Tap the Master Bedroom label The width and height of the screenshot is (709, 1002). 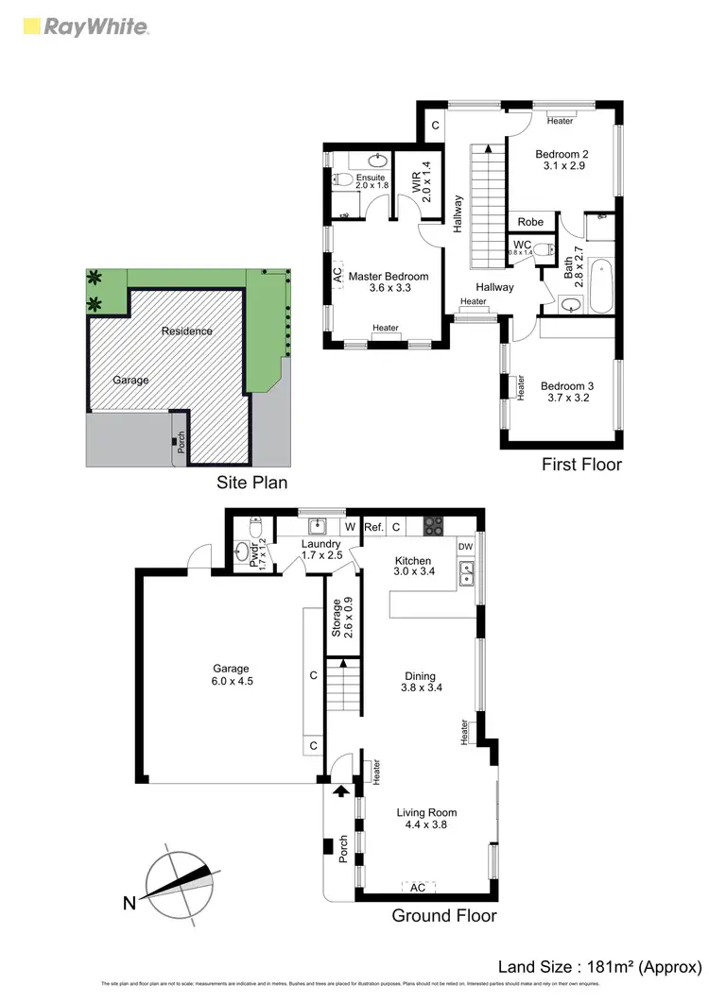pyautogui.click(x=388, y=277)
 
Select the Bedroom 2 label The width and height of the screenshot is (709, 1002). pyautogui.click(x=562, y=154)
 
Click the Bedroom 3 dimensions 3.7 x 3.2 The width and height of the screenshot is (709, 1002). pyautogui.click(x=565, y=399)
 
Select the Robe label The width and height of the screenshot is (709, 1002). pyautogui.click(x=530, y=222)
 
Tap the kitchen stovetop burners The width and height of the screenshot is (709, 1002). pyautogui.click(x=433, y=525)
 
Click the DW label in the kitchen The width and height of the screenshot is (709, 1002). pyautogui.click(x=464, y=546)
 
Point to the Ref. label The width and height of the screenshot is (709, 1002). pyautogui.click(x=373, y=526)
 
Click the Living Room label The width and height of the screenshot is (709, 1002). pyautogui.click(x=426, y=812)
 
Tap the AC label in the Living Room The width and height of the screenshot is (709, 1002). pyautogui.click(x=418, y=887)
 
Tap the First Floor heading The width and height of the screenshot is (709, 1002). pyautogui.click(x=581, y=464)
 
